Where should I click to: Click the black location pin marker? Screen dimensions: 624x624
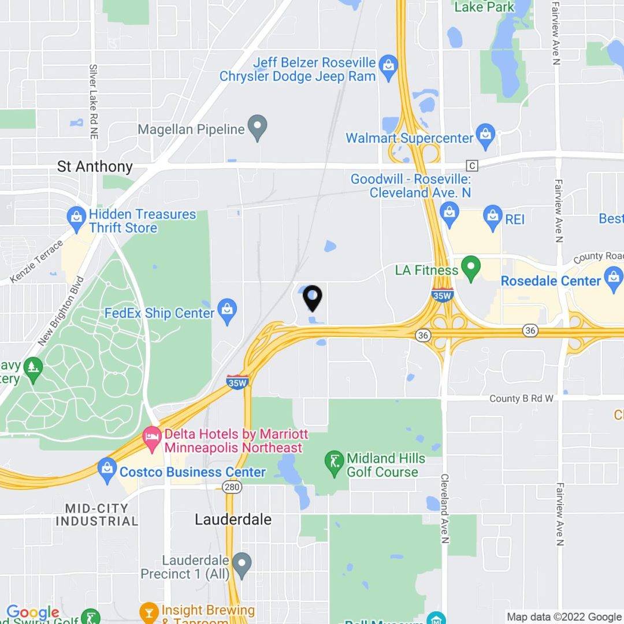(313, 298)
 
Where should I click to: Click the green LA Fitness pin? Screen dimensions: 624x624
(472, 268)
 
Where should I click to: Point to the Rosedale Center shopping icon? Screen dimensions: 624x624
(614, 281)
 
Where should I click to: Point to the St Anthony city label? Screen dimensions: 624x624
(95, 167)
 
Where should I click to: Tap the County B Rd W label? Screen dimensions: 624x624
(521, 399)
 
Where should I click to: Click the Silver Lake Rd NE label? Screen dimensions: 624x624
(93, 101)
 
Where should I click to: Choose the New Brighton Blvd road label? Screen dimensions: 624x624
(61, 312)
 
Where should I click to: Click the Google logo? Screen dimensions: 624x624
(32, 612)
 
